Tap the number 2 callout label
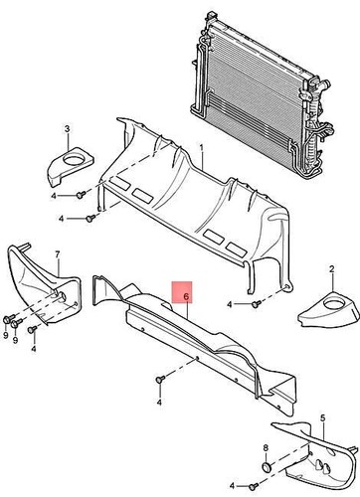coord(330,269)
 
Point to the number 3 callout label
coord(67,129)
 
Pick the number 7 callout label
coord(57,254)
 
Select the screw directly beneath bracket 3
coord(78,195)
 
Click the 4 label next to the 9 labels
coord(35,349)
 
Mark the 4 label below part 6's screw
coord(159,405)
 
